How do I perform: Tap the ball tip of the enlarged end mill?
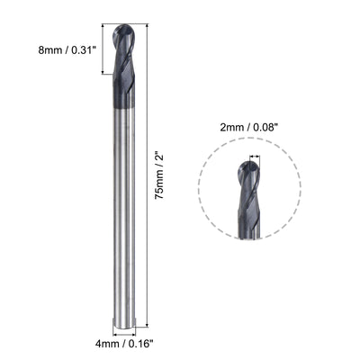tap(255, 162)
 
